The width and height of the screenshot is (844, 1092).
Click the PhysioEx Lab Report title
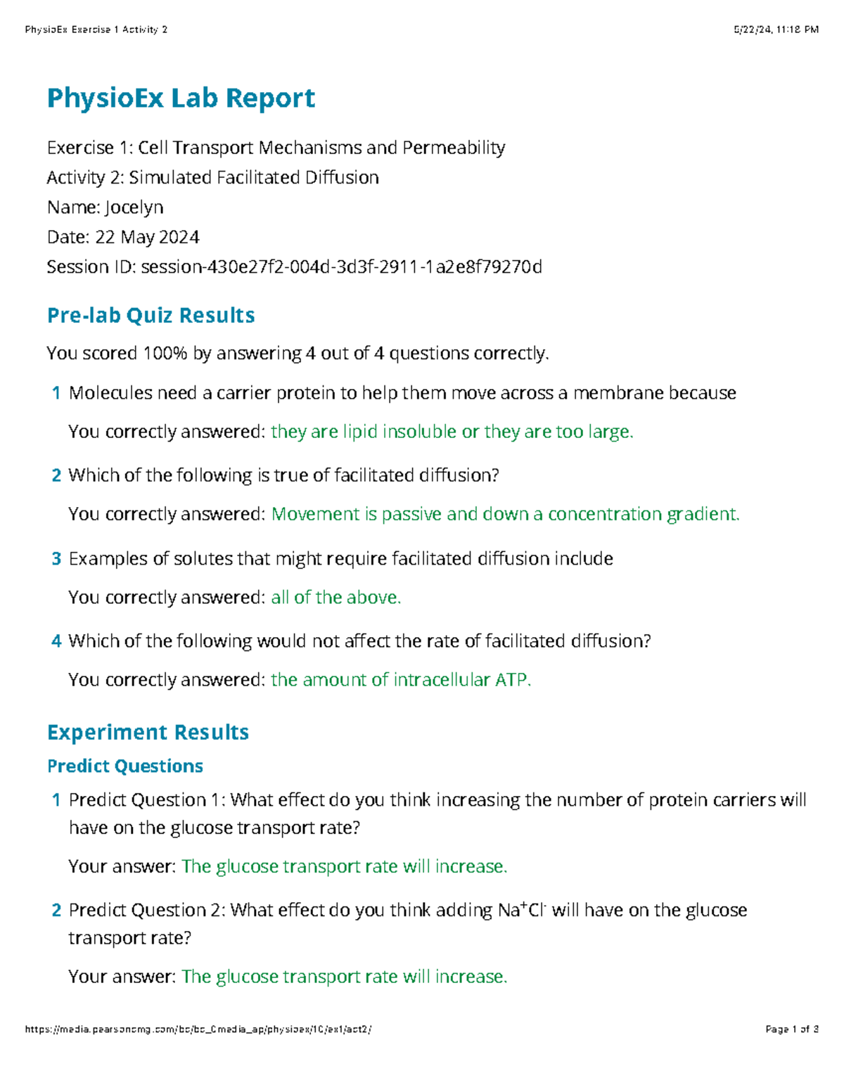[181, 98]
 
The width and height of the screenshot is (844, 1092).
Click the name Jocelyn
[134, 207]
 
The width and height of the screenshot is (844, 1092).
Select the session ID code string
[342, 267]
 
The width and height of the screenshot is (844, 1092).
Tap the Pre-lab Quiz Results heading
[151, 315]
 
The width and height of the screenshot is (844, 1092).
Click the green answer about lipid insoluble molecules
[452, 432]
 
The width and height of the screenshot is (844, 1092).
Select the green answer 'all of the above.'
[335, 598]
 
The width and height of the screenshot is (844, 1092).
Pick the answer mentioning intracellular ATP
[401, 680]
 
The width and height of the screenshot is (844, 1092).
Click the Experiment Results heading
[148, 732]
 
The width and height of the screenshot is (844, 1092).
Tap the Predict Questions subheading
[125, 766]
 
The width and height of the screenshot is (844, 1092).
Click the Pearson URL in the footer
[198, 1029]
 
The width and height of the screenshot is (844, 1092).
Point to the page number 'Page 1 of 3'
[792, 1029]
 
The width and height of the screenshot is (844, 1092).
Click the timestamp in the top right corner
[776, 30]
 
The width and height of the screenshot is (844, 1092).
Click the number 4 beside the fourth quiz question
[56, 641]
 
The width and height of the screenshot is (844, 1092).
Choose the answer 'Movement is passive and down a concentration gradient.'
[505, 515]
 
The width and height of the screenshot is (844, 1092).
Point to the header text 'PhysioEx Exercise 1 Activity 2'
[96, 30]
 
